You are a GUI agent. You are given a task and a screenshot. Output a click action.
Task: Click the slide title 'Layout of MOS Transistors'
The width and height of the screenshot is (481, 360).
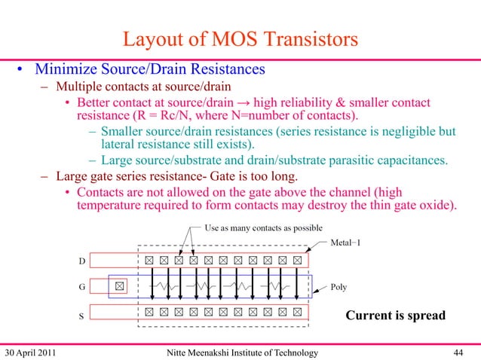pyautogui.click(x=240, y=38)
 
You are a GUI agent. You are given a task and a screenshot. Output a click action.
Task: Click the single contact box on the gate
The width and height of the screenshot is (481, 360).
pyautogui.click(x=119, y=286)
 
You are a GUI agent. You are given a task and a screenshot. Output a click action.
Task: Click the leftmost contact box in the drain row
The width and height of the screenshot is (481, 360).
pyautogui.click(x=149, y=260)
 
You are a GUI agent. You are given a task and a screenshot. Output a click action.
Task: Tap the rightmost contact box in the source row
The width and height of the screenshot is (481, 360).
pyautogui.click(x=298, y=311)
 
